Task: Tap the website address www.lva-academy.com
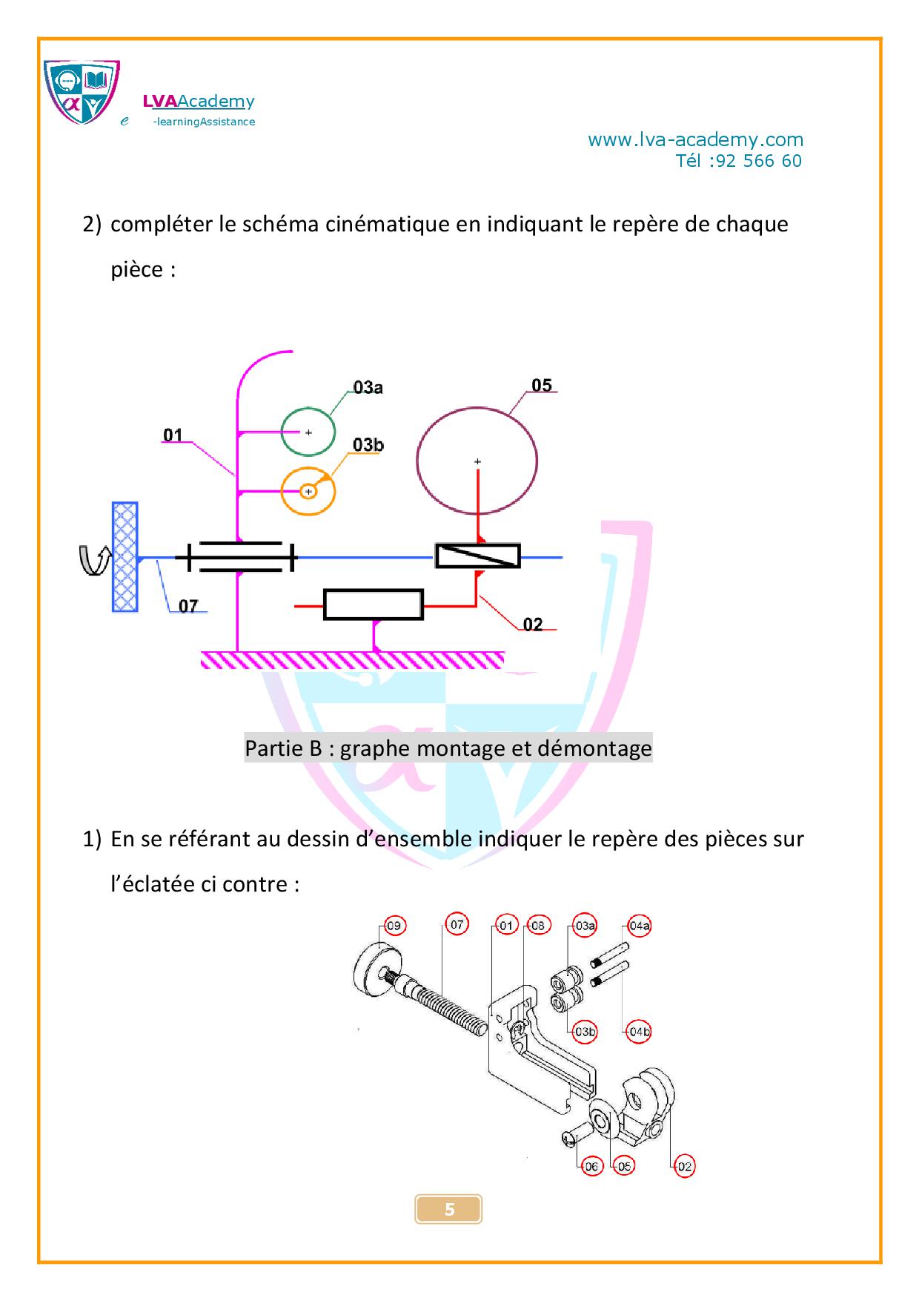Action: pyautogui.click(x=695, y=139)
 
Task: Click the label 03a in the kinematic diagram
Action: pyautogui.click(x=368, y=386)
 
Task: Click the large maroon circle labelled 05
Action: pyautogui.click(x=477, y=407)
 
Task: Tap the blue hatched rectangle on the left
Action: pyautogui.click(x=125, y=556)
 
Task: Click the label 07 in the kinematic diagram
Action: pyautogui.click(x=188, y=606)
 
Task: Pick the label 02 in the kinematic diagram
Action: pyautogui.click(x=533, y=625)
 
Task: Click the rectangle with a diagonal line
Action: pyautogui.click(x=477, y=556)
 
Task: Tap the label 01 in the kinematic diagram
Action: pyautogui.click(x=173, y=435)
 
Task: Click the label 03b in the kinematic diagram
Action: pyautogui.click(x=368, y=444)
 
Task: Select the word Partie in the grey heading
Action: pyautogui.click(x=273, y=748)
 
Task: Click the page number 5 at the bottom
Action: pyautogui.click(x=449, y=1209)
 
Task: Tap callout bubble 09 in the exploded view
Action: pyautogui.click(x=394, y=926)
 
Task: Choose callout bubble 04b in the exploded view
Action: pyautogui.click(x=639, y=1032)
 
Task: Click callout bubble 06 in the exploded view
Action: pyautogui.click(x=591, y=1167)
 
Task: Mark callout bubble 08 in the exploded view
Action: pyautogui.click(x=537, y=926)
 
